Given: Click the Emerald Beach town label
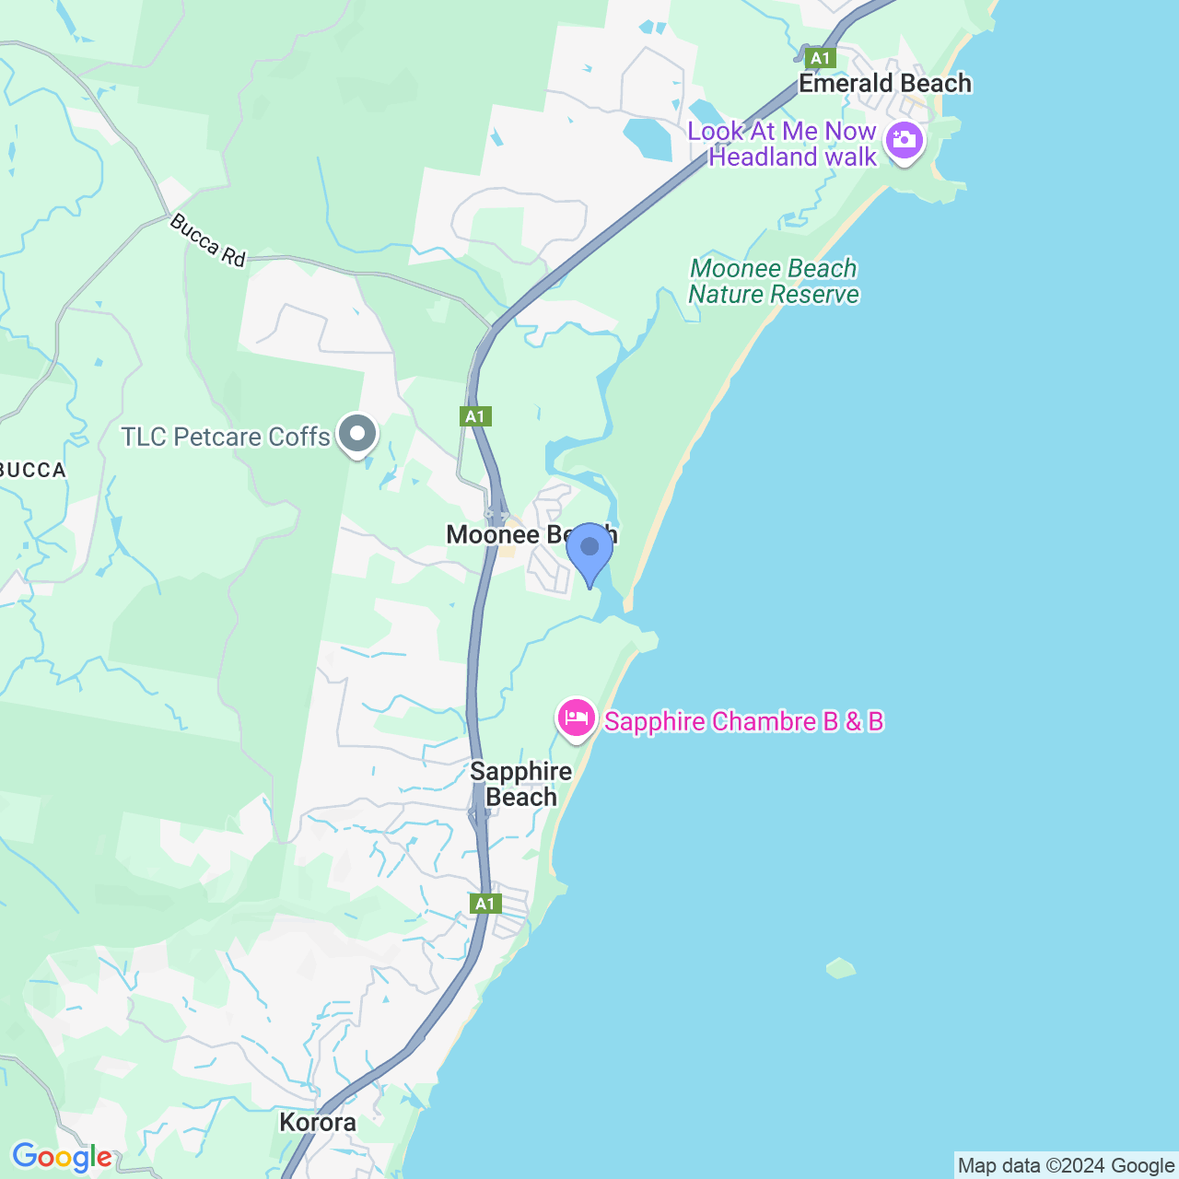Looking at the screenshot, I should pos(884,83).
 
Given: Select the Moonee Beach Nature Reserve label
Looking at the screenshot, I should pos(774,281).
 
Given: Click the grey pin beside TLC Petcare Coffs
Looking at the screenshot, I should pos(357,434).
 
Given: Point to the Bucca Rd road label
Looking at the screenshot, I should pos(207,240).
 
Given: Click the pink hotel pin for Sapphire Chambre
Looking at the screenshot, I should pos(577,718).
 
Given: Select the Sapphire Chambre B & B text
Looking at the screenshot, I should pos(743,721).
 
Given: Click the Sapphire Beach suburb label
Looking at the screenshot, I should pos(521,784).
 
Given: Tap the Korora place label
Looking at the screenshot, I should pos(318,1122).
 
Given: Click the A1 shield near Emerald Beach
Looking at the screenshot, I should pos(819,58).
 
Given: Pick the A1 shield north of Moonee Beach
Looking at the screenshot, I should pos(475,416).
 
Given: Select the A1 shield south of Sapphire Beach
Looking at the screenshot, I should pos(485,904).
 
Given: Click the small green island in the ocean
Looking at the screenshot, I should pos(841,968).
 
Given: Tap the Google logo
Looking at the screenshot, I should pos(62,1157).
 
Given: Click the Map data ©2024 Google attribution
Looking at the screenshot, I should pos(1066,1166).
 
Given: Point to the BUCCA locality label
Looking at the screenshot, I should pos(33,471).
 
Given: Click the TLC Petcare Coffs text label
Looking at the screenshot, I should pos(226,437).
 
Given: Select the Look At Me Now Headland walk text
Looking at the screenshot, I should pos(782,144).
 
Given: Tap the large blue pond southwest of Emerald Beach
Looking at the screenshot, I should pos(648,138).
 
